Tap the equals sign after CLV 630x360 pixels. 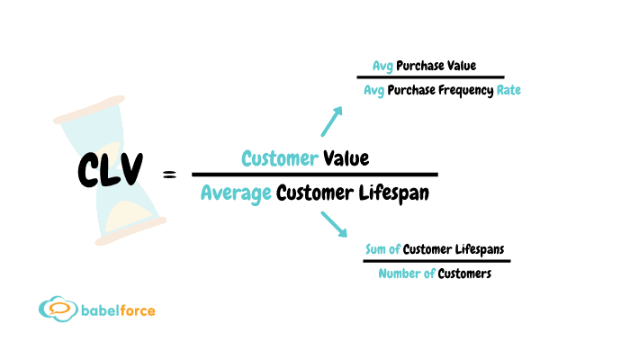(x=169, y=175)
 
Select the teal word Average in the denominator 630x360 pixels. (x=236, y=193)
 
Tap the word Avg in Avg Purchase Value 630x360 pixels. (x=383, y=67)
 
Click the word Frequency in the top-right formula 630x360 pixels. (x=459, y=91)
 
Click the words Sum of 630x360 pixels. (x=382, y=249)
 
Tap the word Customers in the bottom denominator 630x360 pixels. (x=464, y=274)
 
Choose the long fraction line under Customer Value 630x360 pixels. (x=314, y=175)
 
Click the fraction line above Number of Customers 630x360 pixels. (x=436, y=261)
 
